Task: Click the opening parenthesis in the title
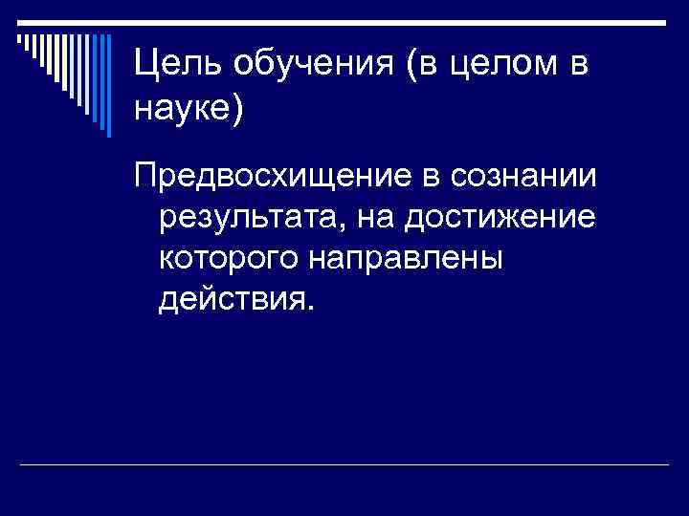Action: coord(407,65)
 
